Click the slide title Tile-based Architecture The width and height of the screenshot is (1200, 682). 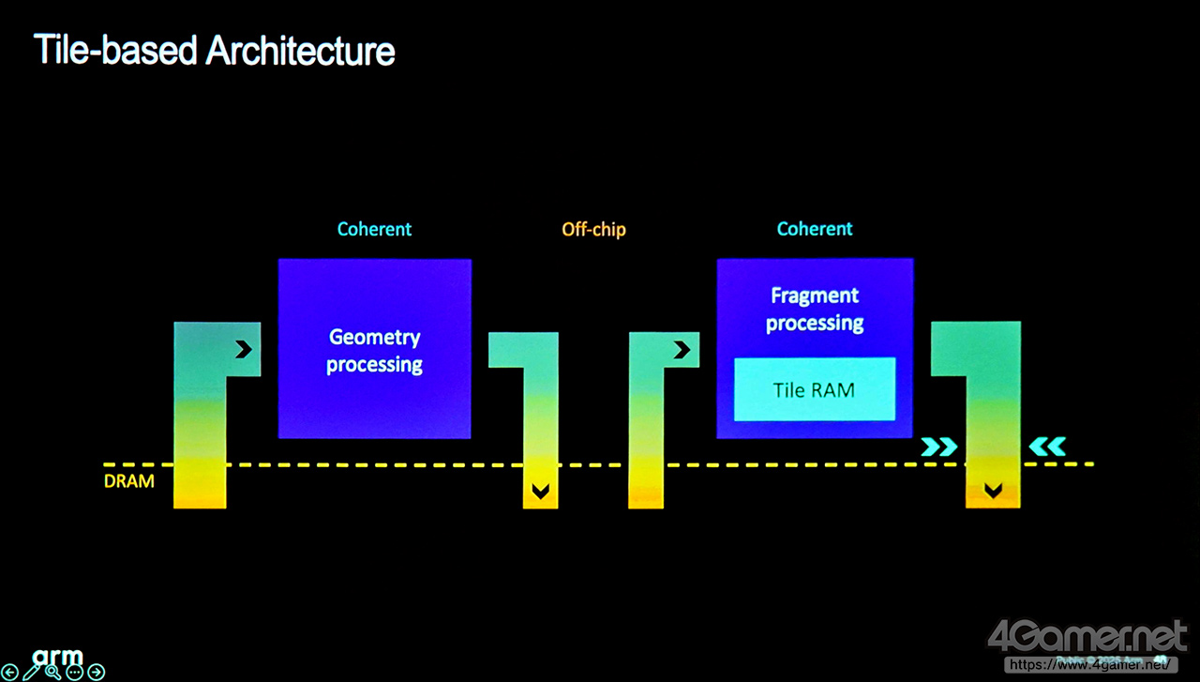point(214,50)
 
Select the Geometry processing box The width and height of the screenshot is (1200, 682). point(374,348)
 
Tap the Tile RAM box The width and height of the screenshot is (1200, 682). point(814,389)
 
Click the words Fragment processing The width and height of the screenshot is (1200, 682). point(815,309)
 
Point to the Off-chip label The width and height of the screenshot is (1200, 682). point(593,229)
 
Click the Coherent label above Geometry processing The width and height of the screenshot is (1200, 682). point(374,229)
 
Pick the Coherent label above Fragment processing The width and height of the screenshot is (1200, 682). point(815,229)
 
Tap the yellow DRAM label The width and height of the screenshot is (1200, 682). point(128,482)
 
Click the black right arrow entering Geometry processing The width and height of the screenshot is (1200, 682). point(244,350)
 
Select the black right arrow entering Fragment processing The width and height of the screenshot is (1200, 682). point(682,350)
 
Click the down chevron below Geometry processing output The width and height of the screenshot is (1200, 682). point(540,491)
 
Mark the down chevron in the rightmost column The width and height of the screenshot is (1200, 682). point(993,490)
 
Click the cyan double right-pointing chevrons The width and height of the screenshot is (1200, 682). point(939,447)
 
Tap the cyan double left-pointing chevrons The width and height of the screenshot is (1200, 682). point(1047,447)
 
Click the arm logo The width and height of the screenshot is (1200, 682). point(58,655)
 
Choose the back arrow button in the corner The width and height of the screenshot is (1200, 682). point(9,672)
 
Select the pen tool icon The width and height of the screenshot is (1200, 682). point(32,672)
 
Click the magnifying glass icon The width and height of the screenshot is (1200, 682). point(53,672)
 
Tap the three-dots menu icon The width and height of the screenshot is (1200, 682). point(75,672)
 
